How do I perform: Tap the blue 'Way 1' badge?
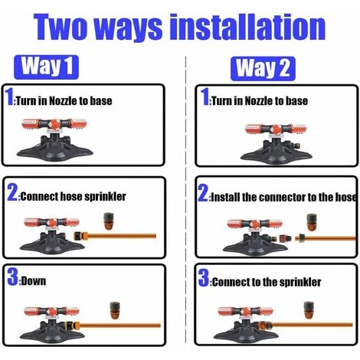(46, 67)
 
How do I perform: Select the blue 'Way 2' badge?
(263, 69)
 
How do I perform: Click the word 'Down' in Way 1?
(34, 281)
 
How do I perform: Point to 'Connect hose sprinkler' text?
(74, 196)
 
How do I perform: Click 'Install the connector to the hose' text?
(283, 197)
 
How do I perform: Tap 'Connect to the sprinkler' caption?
(267, 282)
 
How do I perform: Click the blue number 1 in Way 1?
(10, 97)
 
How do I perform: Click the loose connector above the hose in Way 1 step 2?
(109, 221)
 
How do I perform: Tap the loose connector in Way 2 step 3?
(309, 310)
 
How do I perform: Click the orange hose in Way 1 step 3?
(120, 326)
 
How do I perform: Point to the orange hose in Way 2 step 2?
(328, 238)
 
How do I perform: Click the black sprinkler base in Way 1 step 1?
(54, 149)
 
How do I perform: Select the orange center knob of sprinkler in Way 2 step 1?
(276, 129)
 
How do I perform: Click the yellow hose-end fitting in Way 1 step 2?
(80, 236)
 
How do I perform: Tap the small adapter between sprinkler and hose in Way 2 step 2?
(285, 239)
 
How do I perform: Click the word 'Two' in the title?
(61, 27)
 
